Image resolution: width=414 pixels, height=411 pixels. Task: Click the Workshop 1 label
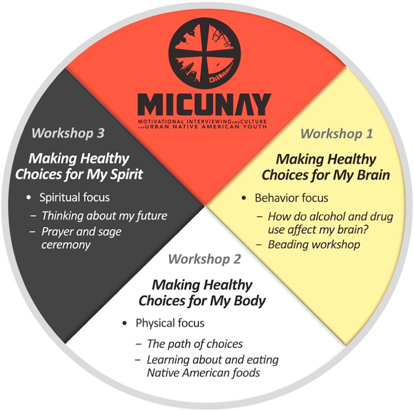coord(336,134)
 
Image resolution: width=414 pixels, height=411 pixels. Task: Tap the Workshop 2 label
coord(204,259)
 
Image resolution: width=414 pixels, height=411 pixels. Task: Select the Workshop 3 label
coord(68,133)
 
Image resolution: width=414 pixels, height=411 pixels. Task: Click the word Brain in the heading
coord(373,175)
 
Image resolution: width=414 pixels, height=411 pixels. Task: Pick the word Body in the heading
coord(251,300)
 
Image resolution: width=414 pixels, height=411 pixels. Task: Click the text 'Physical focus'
coord(170,324)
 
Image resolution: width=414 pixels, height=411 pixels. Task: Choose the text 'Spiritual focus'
coord(75,197)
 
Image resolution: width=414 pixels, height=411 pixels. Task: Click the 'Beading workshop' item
coord(314,245)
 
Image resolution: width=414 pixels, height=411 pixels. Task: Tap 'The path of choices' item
coord(195,344)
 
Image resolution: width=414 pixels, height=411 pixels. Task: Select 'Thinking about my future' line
coord(104,216)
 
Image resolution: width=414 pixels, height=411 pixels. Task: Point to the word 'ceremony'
coord(66,244)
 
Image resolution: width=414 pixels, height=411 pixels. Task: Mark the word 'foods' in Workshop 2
coord(246,372)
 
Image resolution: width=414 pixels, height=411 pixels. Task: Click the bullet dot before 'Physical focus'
coord(125,324)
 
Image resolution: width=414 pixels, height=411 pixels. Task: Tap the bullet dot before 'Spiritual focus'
coord(28,197)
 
